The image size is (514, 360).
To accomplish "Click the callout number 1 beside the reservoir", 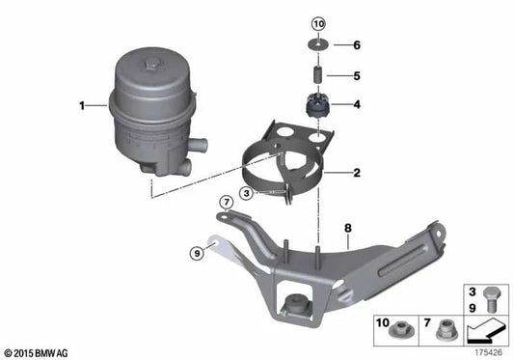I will [83, 104].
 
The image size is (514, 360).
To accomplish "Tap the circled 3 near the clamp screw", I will [248, 193].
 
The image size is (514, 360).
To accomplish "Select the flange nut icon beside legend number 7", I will [448, 329].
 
